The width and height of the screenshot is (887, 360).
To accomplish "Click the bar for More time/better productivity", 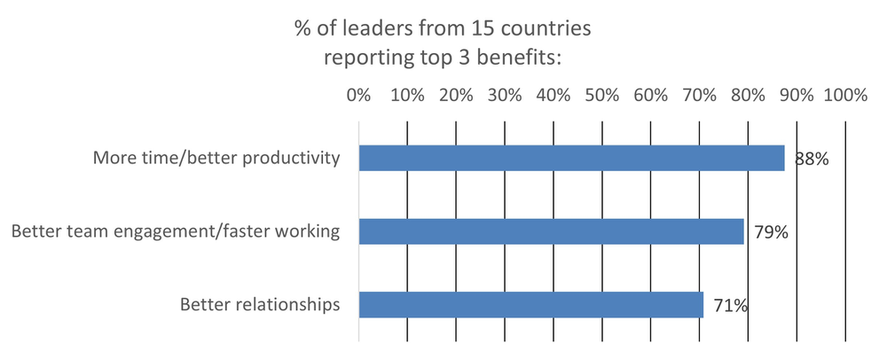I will click(x=571, y=158).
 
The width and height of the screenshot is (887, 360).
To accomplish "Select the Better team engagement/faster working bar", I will click(x=551, y=232).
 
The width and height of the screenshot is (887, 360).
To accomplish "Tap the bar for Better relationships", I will click(x=530, y=305).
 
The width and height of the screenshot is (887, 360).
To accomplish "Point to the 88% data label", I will click(x=812, y=160).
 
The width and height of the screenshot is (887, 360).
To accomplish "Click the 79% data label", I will click(x=771, y=234).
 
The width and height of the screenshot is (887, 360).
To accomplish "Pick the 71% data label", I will click(x=730, y=307).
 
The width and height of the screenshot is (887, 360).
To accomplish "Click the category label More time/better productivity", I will click(x=216, y=160).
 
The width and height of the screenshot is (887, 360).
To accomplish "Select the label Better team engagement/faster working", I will click(x=175, y=233).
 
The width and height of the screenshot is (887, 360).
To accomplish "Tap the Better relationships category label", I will click(x=260, y=306).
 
